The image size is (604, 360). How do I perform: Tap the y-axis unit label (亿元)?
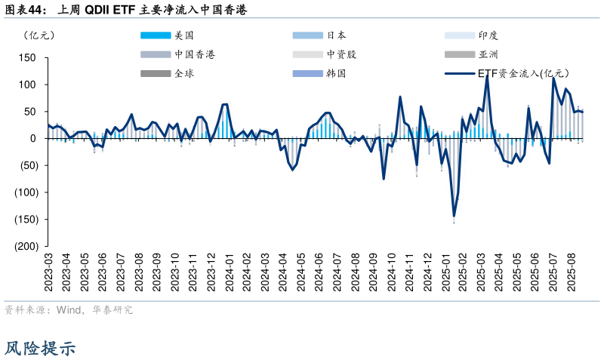[x=39, y=35]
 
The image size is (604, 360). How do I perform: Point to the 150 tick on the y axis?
[x=27, y=57]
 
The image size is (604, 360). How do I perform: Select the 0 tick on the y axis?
[x=33, y=139]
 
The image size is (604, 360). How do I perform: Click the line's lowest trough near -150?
[x=454, y=217]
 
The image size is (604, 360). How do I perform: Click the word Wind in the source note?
[x=68, y=309]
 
